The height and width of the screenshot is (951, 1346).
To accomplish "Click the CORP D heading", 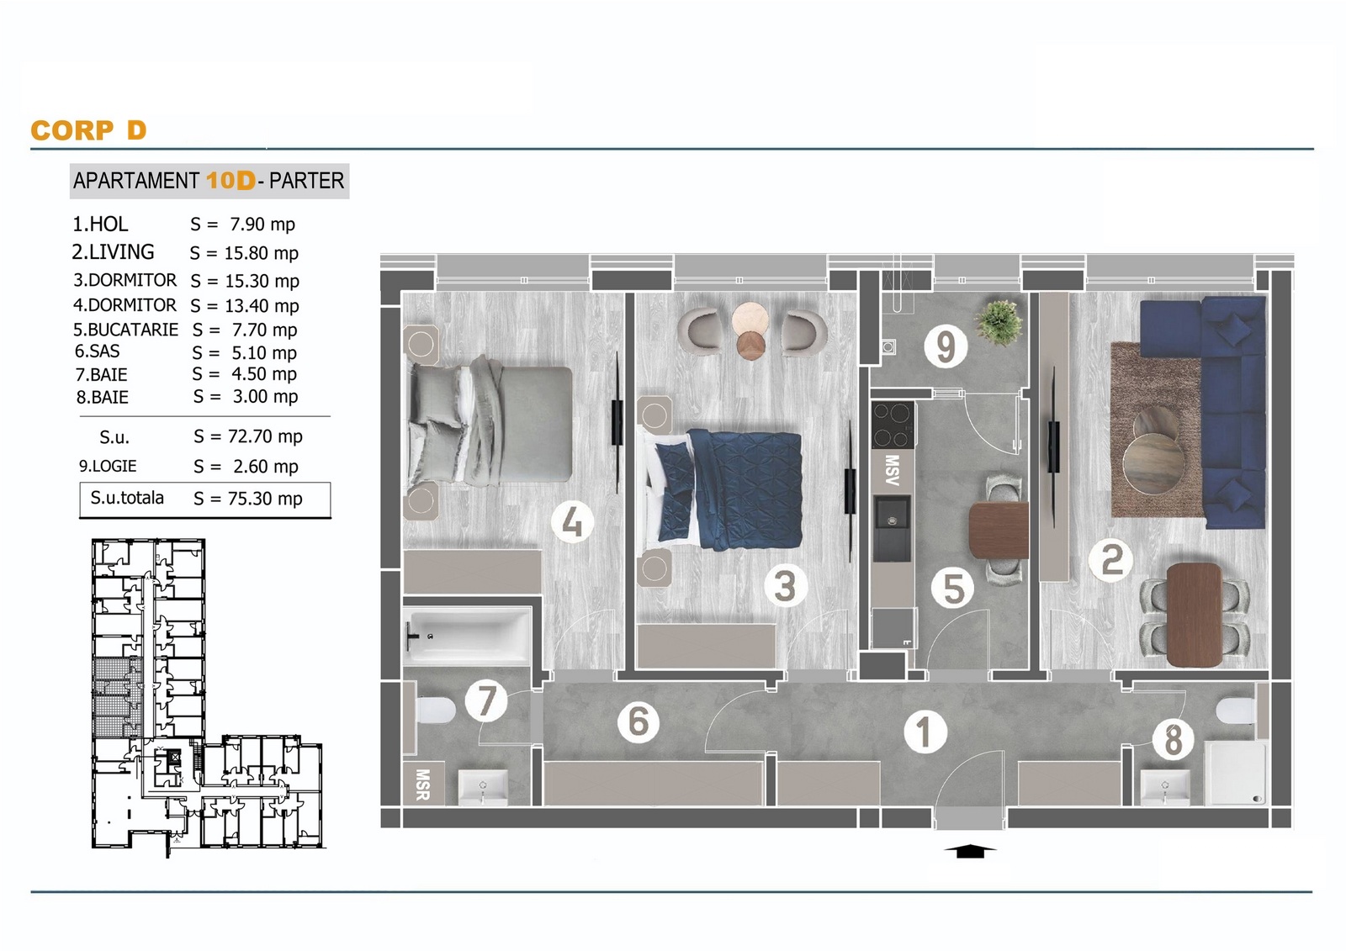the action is [x=88, y=130].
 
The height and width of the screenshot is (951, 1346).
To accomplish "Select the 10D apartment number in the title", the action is [x=231, y=181].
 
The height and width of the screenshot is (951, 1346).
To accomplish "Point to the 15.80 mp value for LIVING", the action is [x=262, y=254].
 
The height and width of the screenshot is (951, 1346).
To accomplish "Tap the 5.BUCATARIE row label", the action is [x=125, y=330].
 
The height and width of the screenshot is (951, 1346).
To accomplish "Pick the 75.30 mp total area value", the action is [x=265, y=499].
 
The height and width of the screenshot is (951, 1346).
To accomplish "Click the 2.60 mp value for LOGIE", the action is [x=266, y=467].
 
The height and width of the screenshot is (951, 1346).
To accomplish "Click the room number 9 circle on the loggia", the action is [x=946, y=346].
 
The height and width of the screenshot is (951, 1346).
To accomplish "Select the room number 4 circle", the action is [x=573, y=521].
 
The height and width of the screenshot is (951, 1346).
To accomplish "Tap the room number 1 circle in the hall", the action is [x=925, y=732].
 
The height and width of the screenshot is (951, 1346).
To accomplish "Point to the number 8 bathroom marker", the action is [x=1174, y=739].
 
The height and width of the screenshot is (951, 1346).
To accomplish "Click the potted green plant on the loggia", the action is [x=999, y=323].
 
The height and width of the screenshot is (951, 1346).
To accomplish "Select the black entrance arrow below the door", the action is [x=969, y=851].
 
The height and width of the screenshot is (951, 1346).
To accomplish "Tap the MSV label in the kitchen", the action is [x=892, y=470].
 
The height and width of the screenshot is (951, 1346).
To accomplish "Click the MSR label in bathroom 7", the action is [x=422, y=785].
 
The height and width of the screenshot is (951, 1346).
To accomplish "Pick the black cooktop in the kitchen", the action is [x=893, y=424].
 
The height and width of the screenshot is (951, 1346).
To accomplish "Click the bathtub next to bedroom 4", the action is [x=466, y=637].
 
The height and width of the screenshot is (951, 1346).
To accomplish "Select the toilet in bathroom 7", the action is [x=434, y=710].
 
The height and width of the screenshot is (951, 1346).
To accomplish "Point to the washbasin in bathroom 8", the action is [x=1165, y=788].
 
